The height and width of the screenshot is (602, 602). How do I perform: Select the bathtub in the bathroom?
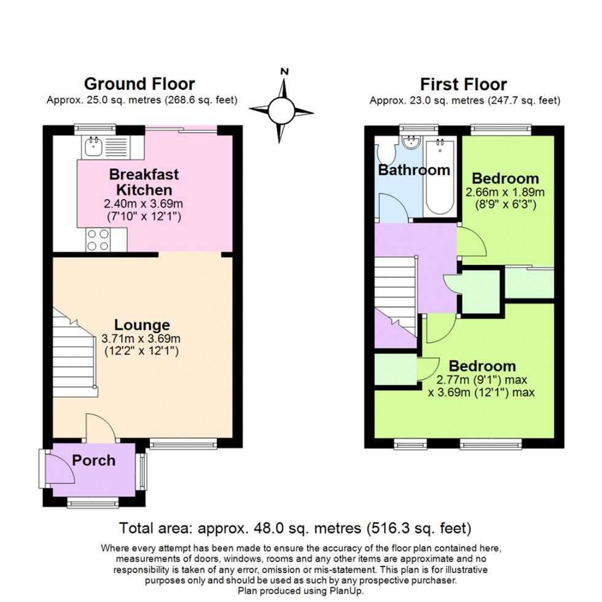439,177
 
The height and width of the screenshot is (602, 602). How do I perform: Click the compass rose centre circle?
282,111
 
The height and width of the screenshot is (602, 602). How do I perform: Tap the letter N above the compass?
284,71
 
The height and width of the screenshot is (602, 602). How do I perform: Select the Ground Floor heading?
139,84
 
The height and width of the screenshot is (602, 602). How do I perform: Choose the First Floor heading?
463,84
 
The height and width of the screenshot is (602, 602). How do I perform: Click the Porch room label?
94,460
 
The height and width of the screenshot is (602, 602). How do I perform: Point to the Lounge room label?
141,325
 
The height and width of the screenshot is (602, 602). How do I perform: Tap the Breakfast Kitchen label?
144,182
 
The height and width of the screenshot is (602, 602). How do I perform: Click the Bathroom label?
413,170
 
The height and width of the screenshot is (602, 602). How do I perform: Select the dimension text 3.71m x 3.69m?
141,338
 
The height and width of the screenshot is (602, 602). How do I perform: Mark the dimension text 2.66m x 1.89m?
505,192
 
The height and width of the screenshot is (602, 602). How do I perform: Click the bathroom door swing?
390,209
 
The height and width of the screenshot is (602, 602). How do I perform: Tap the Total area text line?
295,528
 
